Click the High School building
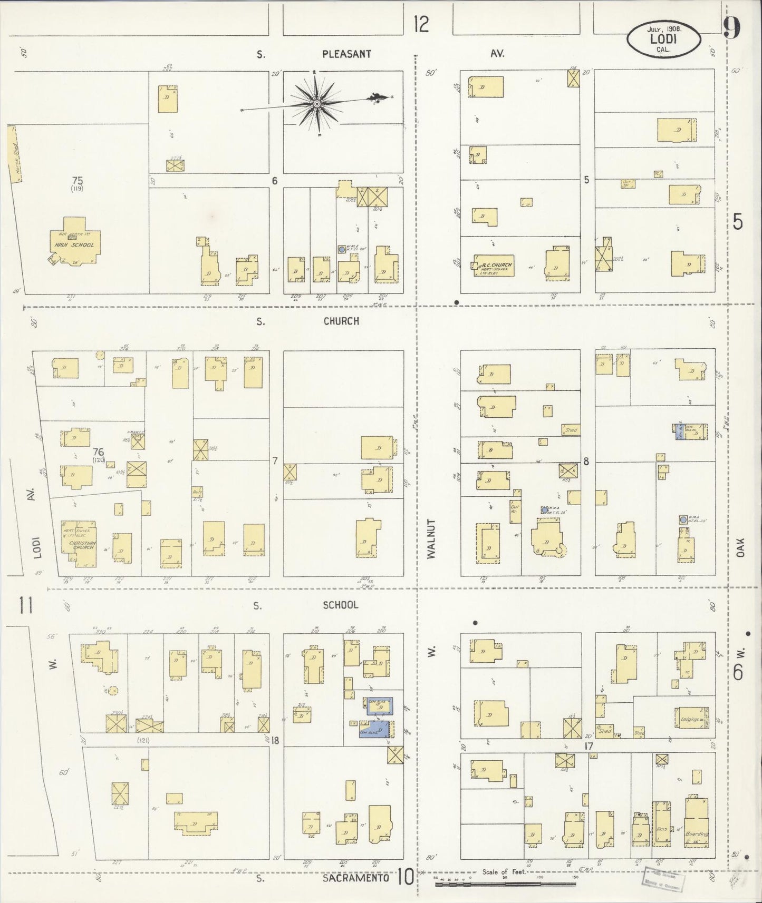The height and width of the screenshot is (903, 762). pyautogui.click(x=75, y=242)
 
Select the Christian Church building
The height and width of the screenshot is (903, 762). pyautogui.click(x=79, y=544)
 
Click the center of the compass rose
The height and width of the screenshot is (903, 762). pyautogui.click(x=316, y=104)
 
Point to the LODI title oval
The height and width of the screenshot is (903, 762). pyautogui.click(x=664, y=38)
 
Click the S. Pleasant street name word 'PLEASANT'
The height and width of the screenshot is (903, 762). pyautogui.click(x=347, y=54)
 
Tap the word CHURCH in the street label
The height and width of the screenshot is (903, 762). pyautogui.click(x=342, y=321)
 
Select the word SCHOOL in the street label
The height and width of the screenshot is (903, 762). pyautogui.click(x=340, y=605)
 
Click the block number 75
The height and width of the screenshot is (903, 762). pyautogui.click(x=78, y=181)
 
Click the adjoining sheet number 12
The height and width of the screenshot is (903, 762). pyautogui.click(x=421, y=24)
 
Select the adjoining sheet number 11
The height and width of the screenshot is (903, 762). pyautogui.click(x=27, y=605)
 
